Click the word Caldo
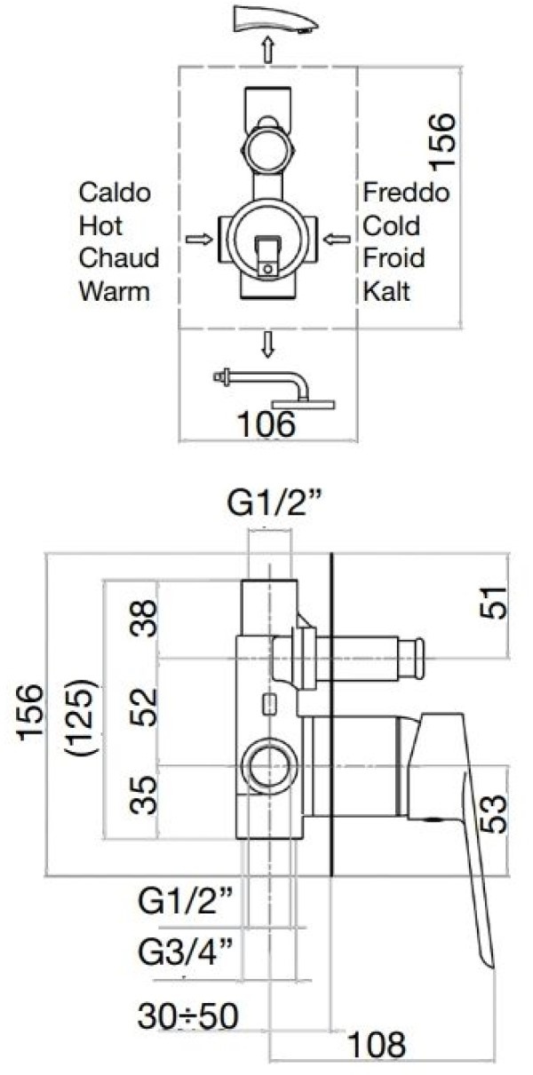[x=115, y=193]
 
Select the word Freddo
[x=406, y=193]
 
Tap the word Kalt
[x=386, y=291]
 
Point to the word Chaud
[x=119, y=258]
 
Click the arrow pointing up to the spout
[x=268, y=50]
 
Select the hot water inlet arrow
[x=199, y=239]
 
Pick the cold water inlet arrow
[x=337, y=239]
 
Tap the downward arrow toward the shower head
[x=268, y=345]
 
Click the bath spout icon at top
[x=274, y=20]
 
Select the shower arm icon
[x=274, y=389]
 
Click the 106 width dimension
[x=266, y=423]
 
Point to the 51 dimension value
[x=494, y=603]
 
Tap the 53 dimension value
[x=494, y=813]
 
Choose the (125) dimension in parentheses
[x=85, y=718]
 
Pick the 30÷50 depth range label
[x=187, y=1015]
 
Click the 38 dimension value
[x=144, y=618]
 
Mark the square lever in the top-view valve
[x=267, y=256]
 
